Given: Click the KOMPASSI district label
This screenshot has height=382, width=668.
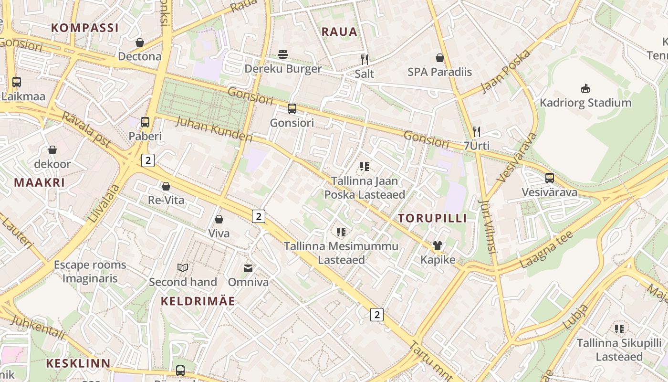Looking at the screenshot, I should pyautogui.click(x=84, y=28).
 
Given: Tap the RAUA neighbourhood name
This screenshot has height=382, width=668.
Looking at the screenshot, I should pyautogui.click(x=339, y=32).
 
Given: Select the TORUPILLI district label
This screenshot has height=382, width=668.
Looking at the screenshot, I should pyautogui.click(x=432, y=218).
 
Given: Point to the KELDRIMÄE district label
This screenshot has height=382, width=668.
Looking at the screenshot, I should pyautogui.click(x=198, y=301).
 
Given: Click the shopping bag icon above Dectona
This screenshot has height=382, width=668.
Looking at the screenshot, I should pyautogui.click(x=140, y=43).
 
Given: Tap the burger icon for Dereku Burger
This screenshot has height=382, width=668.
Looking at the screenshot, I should pyautogui.click(x=283, y=54).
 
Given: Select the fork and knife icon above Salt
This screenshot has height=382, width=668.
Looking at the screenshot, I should pyautogui.click(x=365, y=60).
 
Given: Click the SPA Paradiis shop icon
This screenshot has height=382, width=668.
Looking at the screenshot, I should pyautogui.click(x=440, y=58).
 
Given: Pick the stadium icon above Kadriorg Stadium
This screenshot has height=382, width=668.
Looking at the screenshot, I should pyautogui.click(x=585, y=89).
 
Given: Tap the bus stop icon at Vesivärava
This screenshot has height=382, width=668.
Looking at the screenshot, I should pyautogui.click(x=550, y=178).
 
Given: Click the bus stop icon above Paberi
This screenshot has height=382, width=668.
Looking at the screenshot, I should pyautogui.click(x=145, y=122).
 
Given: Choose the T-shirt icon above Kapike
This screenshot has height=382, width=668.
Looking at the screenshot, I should pyautogui.click(x=438, y=245).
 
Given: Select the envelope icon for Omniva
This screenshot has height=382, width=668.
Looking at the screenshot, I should pyautogui.click(x=248, y=268).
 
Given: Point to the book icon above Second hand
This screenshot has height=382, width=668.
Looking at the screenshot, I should pyautogui.click(x=183, y=267).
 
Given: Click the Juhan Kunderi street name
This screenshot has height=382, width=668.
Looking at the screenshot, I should pyautogui.click(x=214, y=129).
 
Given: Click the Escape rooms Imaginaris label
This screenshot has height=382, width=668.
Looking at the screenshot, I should pyautogui.click(x=90, y=272).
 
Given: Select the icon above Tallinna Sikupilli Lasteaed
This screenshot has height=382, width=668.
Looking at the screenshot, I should pyautogui.click(x=619, y=329).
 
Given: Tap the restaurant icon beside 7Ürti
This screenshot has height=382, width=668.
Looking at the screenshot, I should pyautogui.click(x=476, y=132).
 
